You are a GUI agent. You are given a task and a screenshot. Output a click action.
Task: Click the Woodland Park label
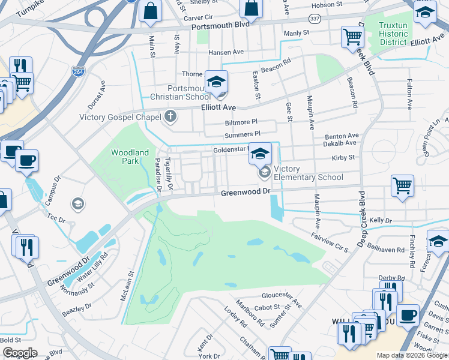pos(130,157)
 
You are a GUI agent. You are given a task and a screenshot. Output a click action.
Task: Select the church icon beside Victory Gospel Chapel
pos(171,116)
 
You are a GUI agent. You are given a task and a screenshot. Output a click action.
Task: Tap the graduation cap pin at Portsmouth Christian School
pos(216,83)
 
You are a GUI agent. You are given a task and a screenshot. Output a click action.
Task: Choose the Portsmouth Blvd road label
pos(220,27)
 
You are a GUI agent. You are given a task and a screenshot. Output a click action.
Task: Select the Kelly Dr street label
pos(380,221)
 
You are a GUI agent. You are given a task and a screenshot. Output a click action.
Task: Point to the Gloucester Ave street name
pos(282,296)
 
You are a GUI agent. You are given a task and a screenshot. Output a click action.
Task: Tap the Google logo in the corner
pos(19,353)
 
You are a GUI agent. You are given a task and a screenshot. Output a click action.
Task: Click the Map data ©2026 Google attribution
pos(412,355)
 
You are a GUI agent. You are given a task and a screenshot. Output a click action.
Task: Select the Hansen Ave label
pos(224,52)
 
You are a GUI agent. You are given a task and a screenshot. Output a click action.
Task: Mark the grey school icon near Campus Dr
pos(77,204)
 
